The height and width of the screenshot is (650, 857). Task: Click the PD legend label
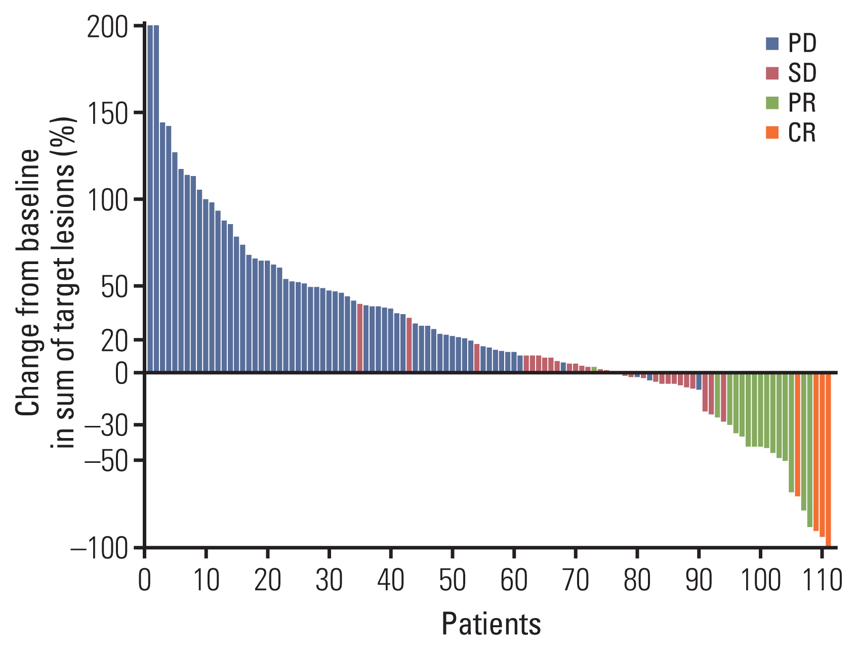pos(802,44)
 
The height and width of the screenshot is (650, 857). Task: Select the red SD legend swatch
pos(772,73)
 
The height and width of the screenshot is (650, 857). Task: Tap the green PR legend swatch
pos(772,103)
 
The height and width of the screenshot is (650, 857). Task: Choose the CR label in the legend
pos(802,133)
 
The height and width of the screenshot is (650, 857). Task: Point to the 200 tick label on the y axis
pos(107,28)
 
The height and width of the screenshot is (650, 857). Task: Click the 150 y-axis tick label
pos(107,114)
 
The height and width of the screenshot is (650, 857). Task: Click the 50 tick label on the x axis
pos(452,581)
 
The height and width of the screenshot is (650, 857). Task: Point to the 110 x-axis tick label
pos(822,581)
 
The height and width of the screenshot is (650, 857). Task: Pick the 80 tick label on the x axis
pos(637,581)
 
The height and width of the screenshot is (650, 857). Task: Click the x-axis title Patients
pos(491,624)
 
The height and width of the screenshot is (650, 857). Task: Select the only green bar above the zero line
pos(594,369)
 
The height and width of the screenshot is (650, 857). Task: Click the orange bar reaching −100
pos(828,459)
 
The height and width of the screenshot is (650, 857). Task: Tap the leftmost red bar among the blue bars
pos(360,338)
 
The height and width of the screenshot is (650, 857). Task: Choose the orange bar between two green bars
pos(797,435)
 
